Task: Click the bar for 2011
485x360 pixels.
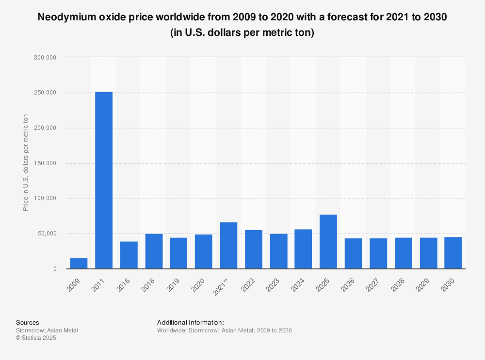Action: (104, 180)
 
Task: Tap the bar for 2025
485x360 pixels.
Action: (328, 241)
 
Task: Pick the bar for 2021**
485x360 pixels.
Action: (228, 245)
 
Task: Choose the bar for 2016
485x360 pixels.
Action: (129, 255)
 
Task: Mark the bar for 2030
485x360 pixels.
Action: (453, 252)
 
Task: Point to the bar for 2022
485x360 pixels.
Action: (254, 249)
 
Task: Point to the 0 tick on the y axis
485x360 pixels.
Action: (55, 269)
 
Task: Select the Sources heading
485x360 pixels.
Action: (27, 322)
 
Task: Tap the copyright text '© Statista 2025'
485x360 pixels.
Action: (36, 338)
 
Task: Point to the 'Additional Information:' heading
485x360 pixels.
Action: (191, 322)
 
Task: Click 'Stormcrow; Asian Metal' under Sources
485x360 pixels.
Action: (47, 330)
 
